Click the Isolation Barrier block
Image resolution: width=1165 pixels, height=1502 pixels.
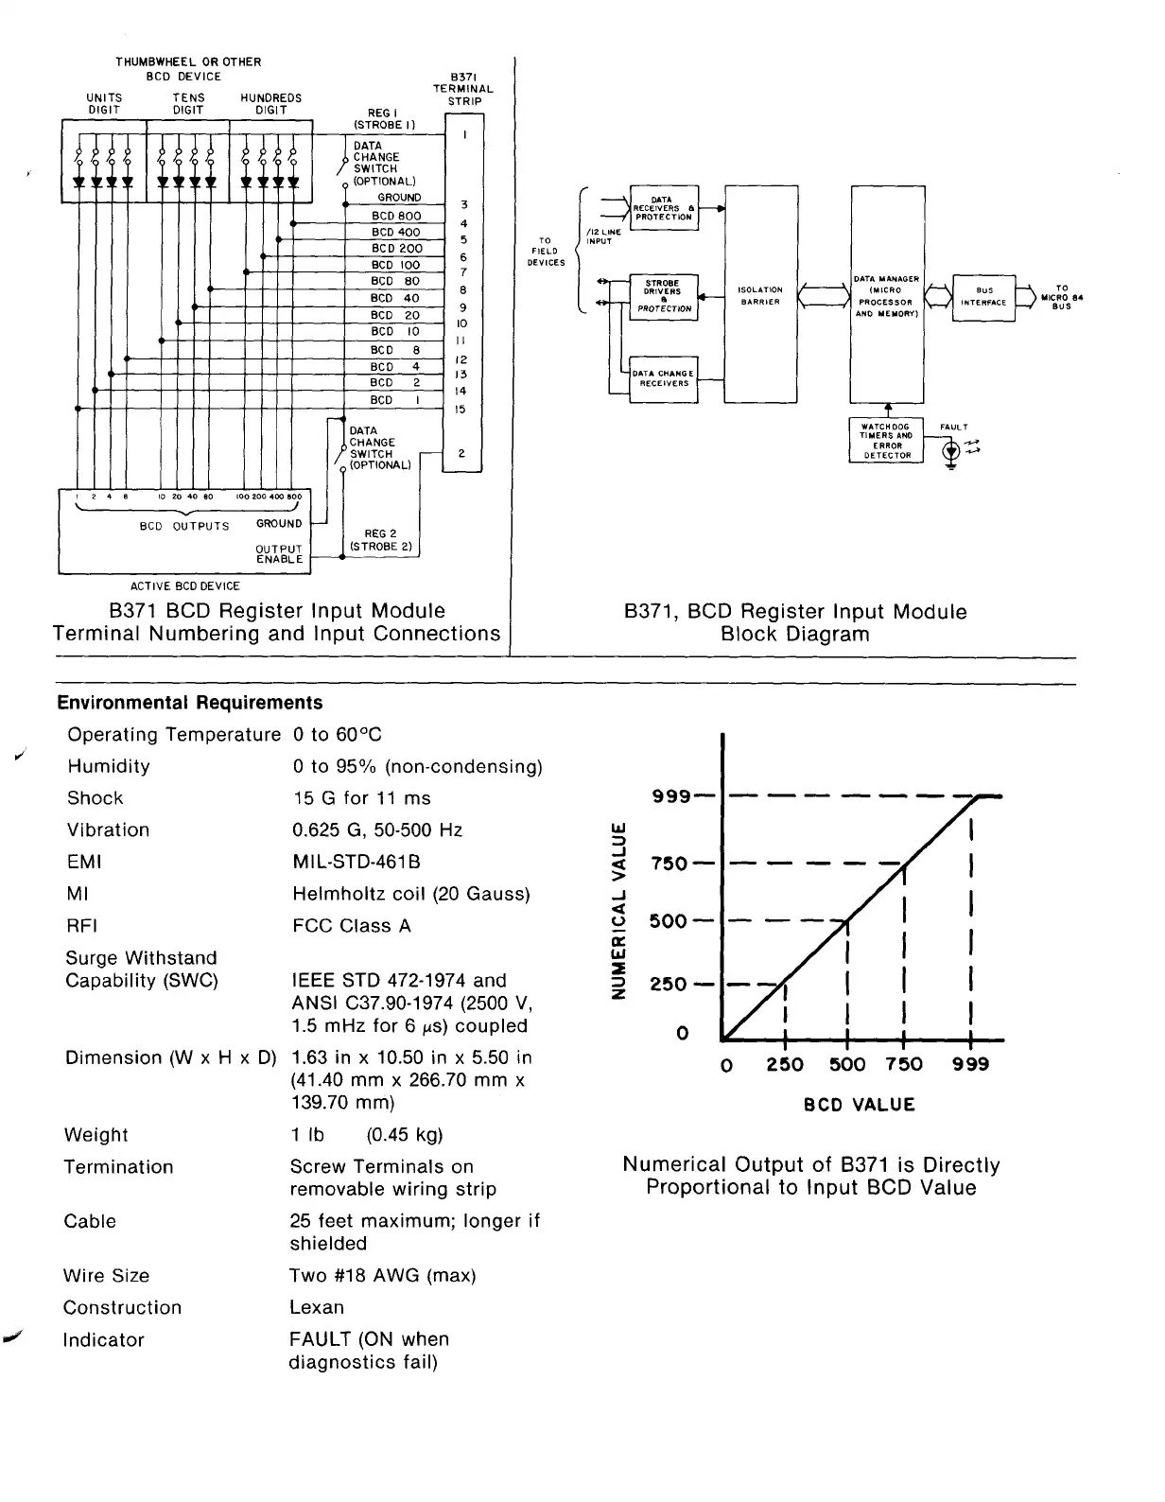click(760, 295)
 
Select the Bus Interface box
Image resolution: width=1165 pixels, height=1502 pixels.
click(983, 298)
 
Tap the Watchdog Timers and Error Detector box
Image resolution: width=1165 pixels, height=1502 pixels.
click(886, 441)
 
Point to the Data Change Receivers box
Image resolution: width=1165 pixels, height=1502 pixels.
click(663, 379)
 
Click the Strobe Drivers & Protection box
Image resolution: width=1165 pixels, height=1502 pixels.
click(663, 295)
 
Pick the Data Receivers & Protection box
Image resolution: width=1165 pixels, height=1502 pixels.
click(663, 208)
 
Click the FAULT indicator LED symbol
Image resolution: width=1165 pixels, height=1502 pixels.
click(951, 452)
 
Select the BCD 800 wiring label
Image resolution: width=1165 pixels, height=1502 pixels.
click(396, 216)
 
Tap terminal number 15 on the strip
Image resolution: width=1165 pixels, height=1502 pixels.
click(461, 410)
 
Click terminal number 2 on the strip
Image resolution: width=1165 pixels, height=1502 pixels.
click(461, 454)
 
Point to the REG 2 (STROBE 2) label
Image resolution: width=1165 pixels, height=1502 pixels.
click(380, 540)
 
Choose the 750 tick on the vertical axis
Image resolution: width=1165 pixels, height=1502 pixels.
click(669, 865)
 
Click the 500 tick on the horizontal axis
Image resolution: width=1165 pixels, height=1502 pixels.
click(846, 1064)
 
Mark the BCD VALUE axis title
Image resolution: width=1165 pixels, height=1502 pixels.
click(860, 1105)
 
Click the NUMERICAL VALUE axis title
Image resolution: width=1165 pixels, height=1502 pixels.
click(618, 911)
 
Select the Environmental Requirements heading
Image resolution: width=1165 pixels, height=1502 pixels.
click(190, 703)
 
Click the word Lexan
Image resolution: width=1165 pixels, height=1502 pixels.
click(317, 1307)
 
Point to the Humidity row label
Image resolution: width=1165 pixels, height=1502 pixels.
click(109, 766)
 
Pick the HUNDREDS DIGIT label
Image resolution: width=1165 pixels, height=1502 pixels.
click(271, 104)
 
